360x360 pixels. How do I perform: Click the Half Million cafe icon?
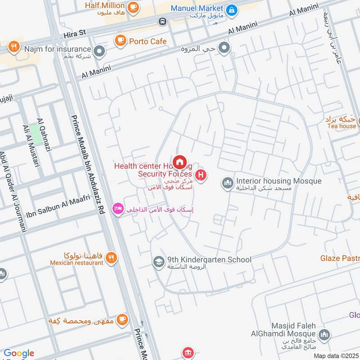pyautogui.click(x=133, y=7)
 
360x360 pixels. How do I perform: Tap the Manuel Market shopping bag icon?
pyautogui.click(x=231, y=9)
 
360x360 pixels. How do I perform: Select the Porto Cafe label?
pyautogui.click(x=148, y=41)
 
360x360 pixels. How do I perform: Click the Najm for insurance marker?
pyautogui.click(x=99, y=50)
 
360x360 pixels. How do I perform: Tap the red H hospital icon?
pyautogui.click(x=201, y=174)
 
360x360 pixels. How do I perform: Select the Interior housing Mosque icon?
pyautogui.click(x=227, y=182)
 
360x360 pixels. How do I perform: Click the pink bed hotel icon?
pyautogui.click(x=118, y=209)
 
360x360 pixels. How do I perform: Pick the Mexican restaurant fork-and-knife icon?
pyautogui.click(x=112, y=258)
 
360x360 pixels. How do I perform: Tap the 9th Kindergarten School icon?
pyautogui.click(x=158, y=261)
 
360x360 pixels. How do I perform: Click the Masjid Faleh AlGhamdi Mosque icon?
pyautogui.click(x=324, y=335)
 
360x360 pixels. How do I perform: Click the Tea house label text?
pyautogui.click(x=341, y=126)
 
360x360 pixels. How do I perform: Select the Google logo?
pyautogui.click(x=19, y=353)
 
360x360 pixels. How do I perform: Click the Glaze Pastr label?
pyautogui.click(x=340, y=258)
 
